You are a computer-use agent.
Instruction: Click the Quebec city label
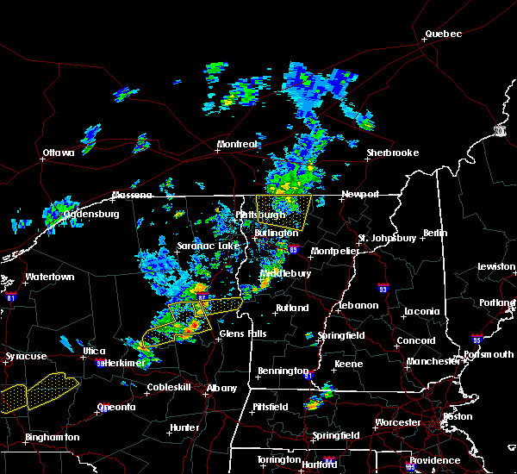[x=443, y=34]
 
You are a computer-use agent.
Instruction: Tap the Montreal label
[x=237, y=144]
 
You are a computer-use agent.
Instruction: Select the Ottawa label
[x=59, y=153]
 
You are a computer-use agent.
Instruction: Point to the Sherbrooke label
[x=392, y=153]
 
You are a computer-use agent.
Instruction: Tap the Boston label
[x=458, y=416]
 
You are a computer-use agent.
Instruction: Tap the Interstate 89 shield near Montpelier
[x=294, y=250]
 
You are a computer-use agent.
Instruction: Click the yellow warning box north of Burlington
[x=284, y=209]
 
